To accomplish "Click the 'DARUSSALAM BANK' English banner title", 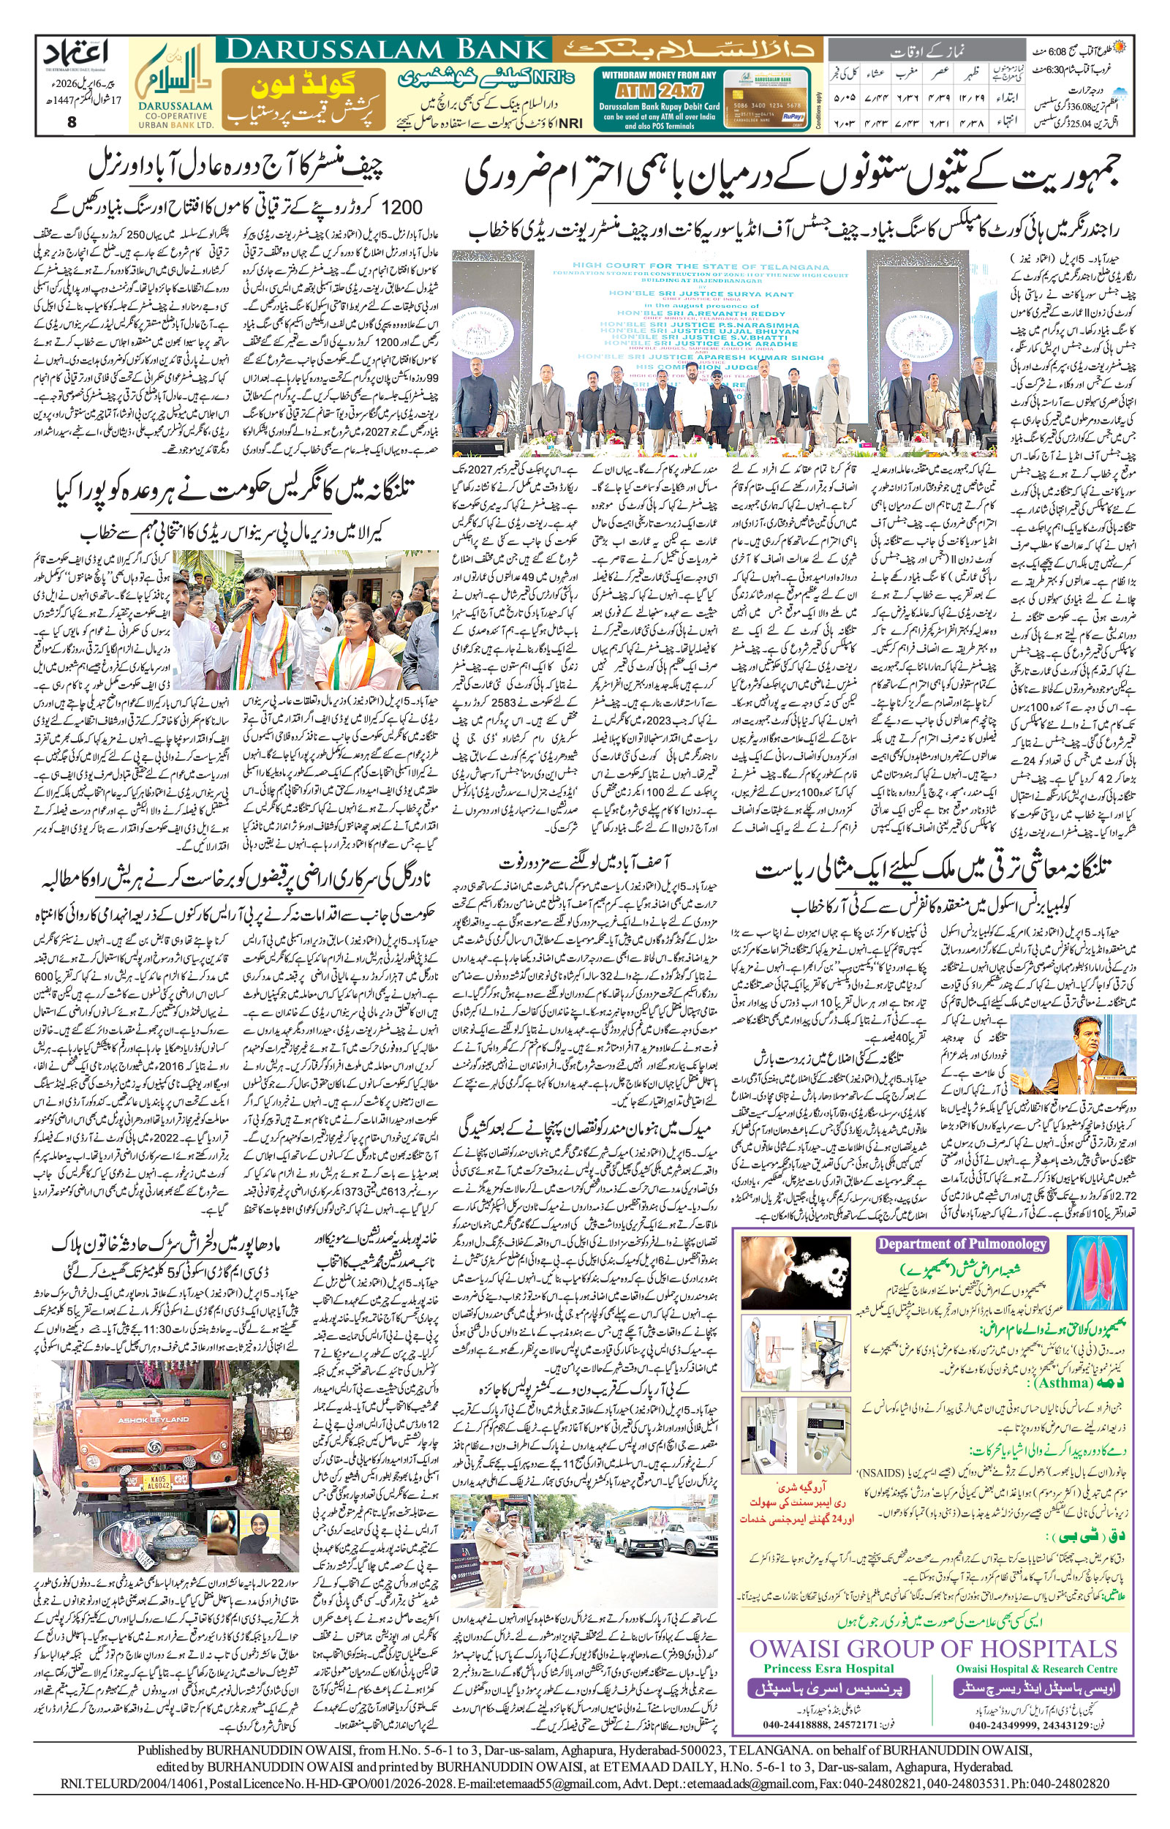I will pos(384,50).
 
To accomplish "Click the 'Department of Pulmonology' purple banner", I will pos(962,1244).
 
